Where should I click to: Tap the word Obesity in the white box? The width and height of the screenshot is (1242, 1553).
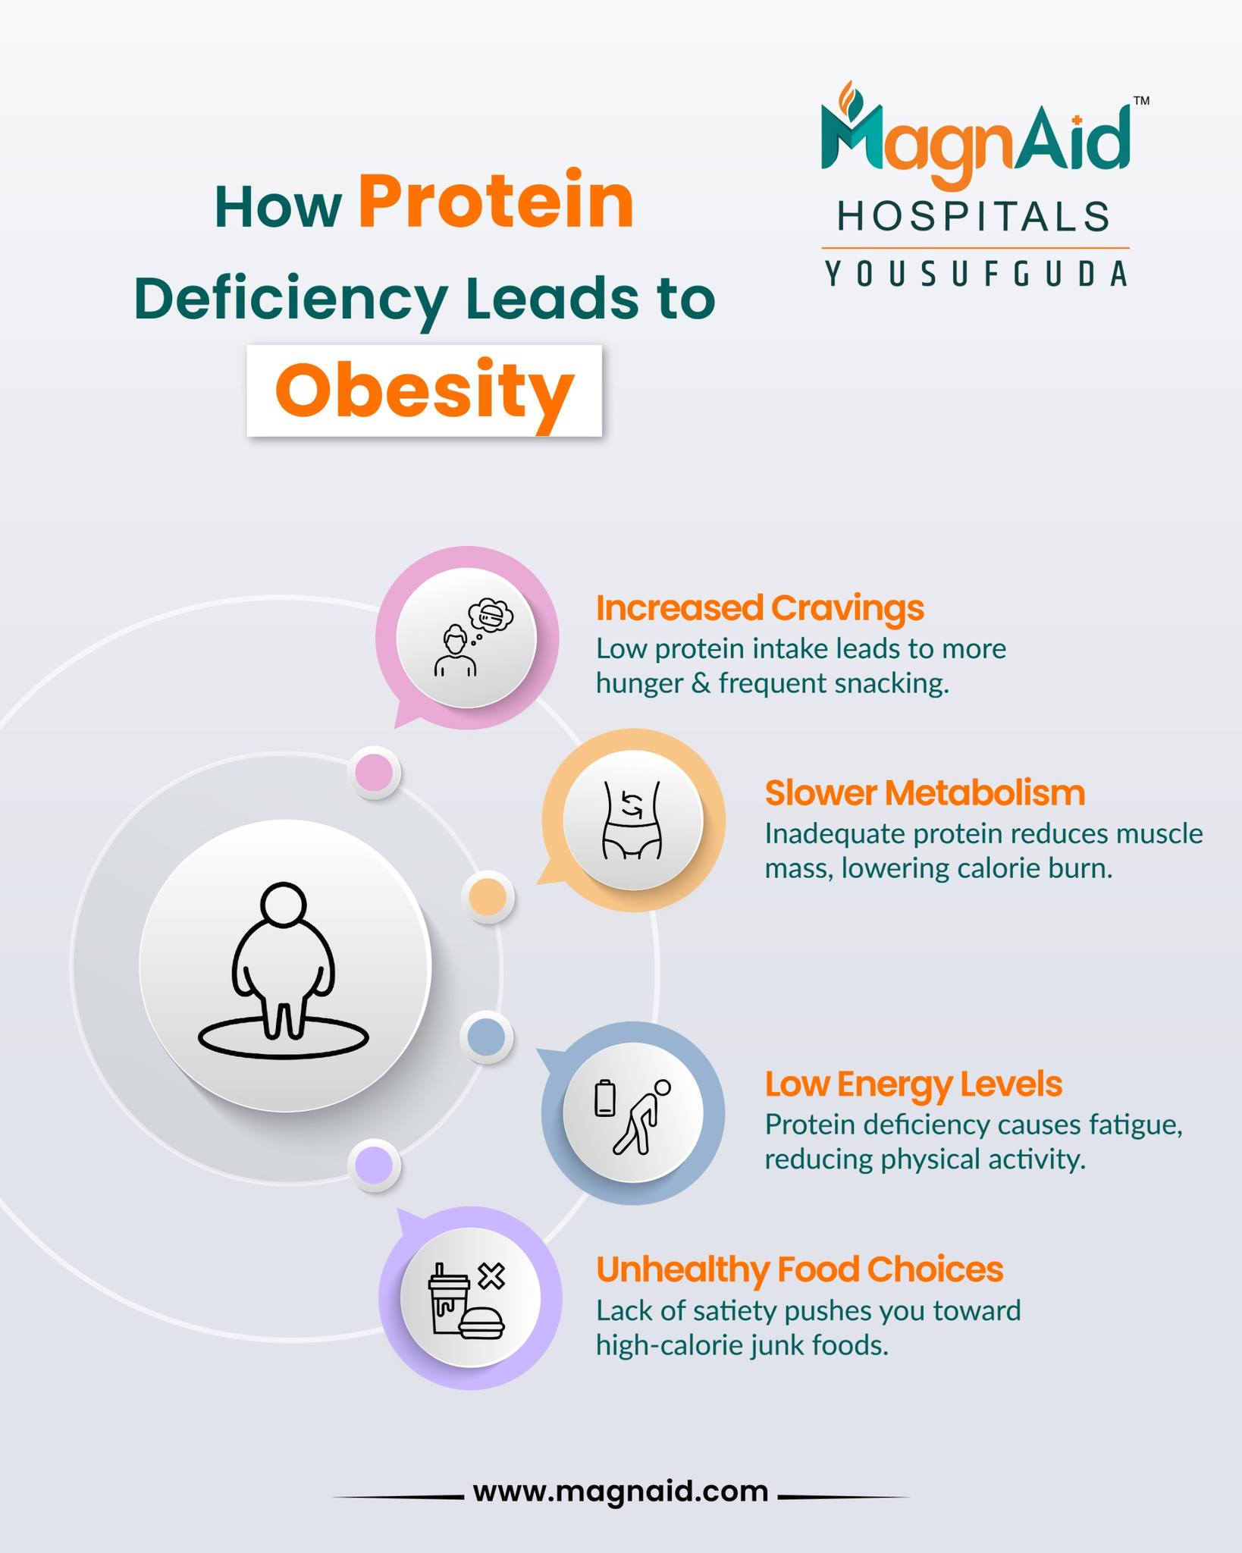424,391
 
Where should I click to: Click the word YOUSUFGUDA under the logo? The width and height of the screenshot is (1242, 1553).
977,274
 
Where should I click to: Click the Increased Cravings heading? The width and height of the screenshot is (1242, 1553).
760,608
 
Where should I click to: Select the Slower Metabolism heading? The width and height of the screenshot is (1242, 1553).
924,793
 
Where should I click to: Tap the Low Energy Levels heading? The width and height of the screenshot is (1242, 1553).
913,1084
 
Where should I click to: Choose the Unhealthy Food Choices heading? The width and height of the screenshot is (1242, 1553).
799,1269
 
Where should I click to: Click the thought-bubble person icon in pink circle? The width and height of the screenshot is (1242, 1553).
473,638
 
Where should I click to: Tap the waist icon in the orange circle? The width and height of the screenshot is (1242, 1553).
632,820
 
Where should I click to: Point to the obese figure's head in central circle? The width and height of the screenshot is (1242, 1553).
284,904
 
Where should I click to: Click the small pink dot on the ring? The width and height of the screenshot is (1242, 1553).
375,773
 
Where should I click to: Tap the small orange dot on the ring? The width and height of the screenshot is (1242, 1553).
488,896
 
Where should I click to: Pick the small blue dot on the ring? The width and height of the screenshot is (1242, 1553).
487,1037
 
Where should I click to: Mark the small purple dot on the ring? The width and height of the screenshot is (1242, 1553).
375,1164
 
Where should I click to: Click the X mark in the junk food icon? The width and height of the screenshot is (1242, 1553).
492,1276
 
